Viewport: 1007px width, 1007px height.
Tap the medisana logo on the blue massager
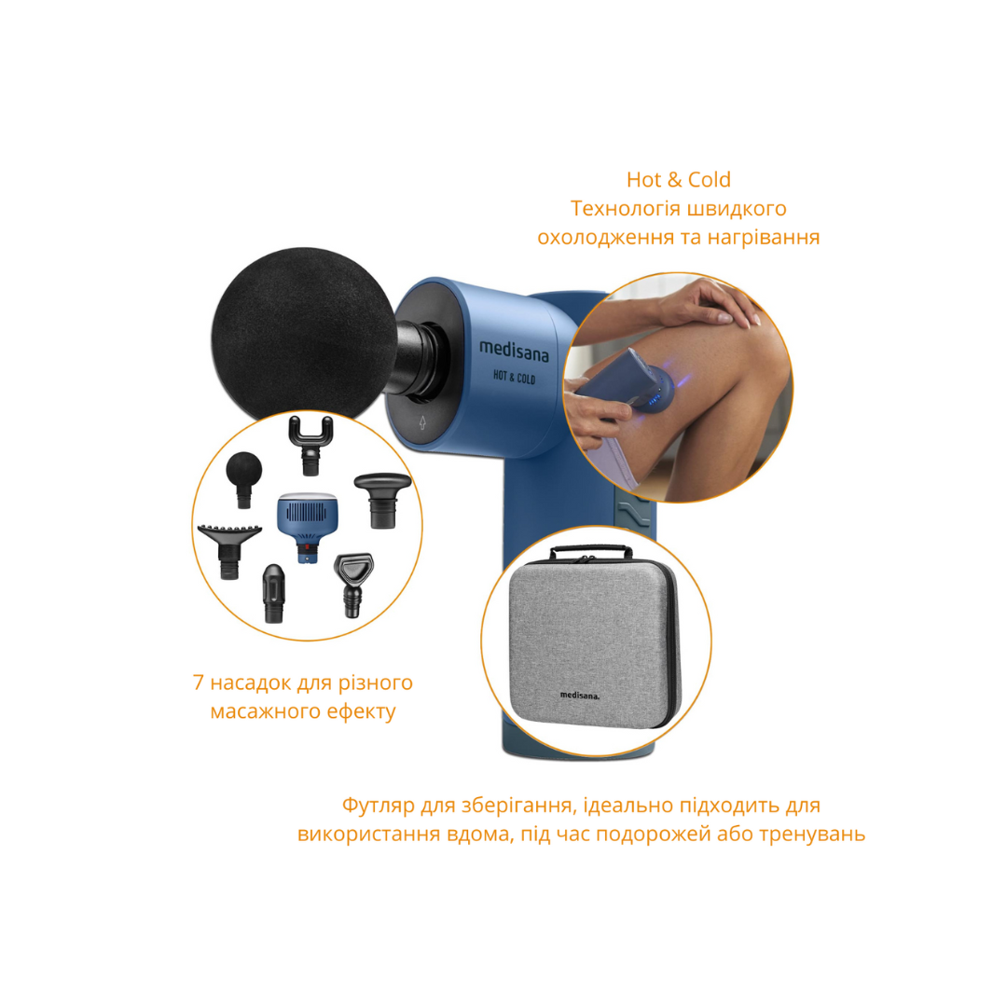514,351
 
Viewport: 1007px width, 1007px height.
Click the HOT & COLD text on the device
514,377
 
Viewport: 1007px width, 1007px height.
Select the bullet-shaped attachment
273,593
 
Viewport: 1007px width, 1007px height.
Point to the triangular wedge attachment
352,585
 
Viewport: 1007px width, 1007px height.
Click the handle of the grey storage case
591,552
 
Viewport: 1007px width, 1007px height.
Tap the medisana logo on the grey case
579,695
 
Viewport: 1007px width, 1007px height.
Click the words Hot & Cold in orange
678,180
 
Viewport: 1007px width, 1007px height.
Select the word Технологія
625,209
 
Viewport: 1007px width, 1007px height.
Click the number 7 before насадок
198,683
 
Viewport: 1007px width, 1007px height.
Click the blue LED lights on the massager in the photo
655,400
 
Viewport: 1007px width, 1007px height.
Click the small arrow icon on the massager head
422,422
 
